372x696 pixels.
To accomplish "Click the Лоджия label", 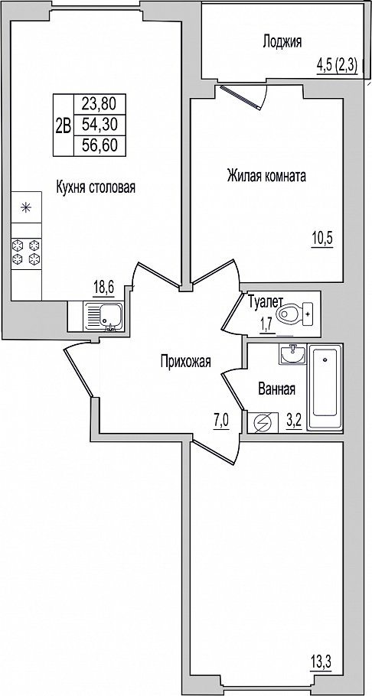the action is pos(282,42).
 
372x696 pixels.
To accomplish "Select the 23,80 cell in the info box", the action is pos(100,104).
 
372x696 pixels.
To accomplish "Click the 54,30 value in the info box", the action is pos(100,125).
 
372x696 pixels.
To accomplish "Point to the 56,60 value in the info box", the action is pos(100,145).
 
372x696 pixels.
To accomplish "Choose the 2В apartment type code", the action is pos(64,126).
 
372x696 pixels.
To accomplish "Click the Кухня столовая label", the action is pos(96,187).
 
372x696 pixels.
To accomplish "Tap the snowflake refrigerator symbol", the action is pos(26,207).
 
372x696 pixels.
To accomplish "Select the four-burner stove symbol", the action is pos(26,252).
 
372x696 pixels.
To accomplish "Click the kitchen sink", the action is pos(103,316).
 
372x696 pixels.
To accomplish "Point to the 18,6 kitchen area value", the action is pos(103,288).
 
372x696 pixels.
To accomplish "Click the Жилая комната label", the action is pos(266,176).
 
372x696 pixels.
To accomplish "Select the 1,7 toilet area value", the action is pos(266,325).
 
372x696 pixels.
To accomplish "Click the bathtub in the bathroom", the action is pos(325,387).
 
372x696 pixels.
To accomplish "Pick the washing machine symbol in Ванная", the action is pos(260,424).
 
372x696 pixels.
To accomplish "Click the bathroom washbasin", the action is pos(292,354).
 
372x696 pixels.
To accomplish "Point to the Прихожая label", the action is pos(186,362).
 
